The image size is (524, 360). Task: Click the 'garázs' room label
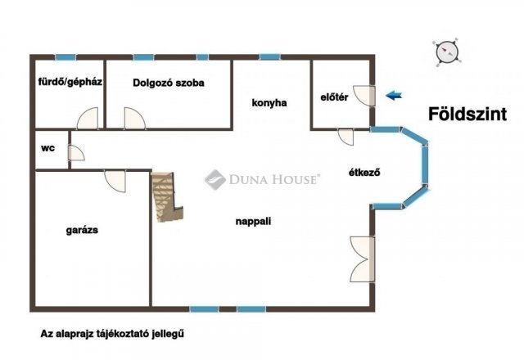[x=82, y=230]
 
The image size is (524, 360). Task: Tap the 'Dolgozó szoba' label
[x=169, y=83]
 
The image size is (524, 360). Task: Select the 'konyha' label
[x=269, y=103]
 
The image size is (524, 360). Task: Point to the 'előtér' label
[x=334, y=97]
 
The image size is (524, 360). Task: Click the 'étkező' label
[x=364, y=173]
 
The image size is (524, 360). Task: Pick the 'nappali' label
[x=253, y=222]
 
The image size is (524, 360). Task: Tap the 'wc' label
[x=47, y=148]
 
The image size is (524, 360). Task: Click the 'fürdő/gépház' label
[x=70, y=82]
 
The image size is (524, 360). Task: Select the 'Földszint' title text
[x=468, y=115]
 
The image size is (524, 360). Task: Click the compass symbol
[x=446, y=52]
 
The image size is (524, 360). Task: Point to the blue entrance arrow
[x=394, y=96]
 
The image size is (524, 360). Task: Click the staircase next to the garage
[x=166, y=196]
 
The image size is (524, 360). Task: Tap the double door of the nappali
[x=362, y=259]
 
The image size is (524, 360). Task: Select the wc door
[x=76, y=153]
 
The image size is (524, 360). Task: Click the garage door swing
[x=115, y=181]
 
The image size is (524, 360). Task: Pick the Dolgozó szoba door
[x=134, y=118]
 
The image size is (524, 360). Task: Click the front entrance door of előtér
[x=364, y=96]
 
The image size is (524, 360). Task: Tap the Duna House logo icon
[x=215, y=179]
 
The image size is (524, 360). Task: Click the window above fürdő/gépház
[x=65, y=57]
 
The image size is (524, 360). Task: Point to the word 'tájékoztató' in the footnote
[x=124, y=334]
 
